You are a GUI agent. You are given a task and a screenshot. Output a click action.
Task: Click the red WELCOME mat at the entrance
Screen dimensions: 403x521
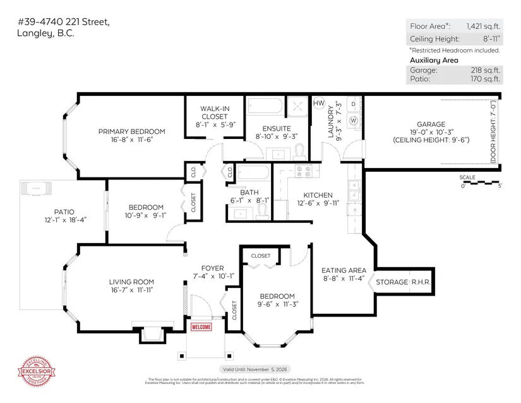201,327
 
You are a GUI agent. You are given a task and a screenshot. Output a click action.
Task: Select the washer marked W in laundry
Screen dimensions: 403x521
354,119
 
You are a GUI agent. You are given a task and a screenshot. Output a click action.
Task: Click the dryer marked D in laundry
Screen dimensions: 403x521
354,103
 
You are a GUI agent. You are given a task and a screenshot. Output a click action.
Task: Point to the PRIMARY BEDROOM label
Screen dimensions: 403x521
131,131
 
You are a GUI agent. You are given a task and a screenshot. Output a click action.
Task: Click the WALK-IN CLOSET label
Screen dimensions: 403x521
214,112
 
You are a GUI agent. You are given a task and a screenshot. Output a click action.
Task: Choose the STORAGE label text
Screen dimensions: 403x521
392,282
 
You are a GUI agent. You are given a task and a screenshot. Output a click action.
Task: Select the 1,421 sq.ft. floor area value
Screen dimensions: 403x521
483,27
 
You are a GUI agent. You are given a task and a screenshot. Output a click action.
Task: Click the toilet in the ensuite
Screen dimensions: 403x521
301,150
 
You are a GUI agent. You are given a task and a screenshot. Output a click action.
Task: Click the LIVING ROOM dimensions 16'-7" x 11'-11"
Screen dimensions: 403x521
131,291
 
